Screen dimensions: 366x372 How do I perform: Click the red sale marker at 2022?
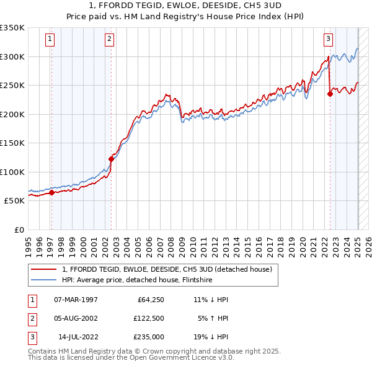tap(330, 94)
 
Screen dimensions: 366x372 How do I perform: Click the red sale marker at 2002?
tap(111, 159)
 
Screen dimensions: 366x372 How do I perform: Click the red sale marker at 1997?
tap(51, 192)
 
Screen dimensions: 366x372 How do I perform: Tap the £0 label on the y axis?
tap(19, 230)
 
